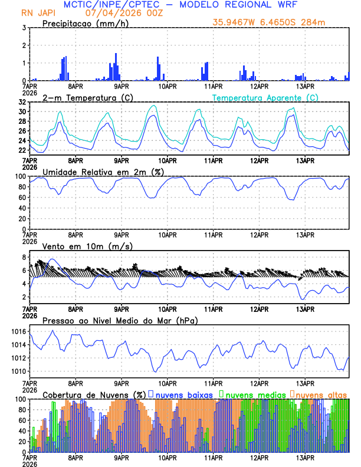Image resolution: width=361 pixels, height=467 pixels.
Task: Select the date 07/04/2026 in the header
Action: [109, 13]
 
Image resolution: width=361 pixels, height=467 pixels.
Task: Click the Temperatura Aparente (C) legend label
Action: [265, 97]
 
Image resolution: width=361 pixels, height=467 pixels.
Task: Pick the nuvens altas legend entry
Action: [320, 394]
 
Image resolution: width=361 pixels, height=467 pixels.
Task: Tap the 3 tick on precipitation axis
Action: [24, 28]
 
